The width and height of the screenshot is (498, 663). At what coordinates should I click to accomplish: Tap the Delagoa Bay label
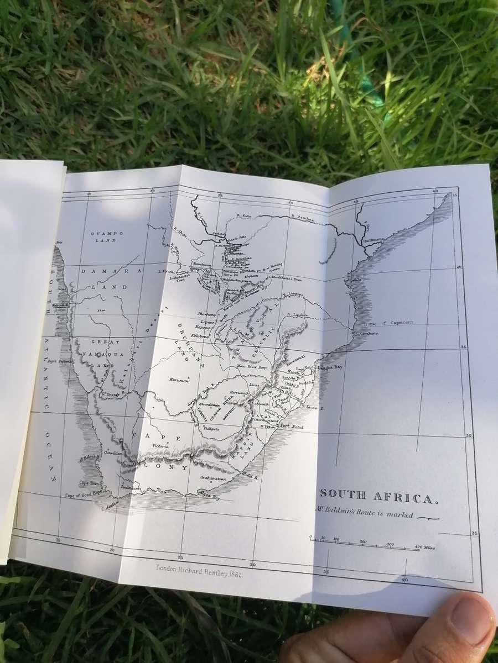tap(330, 366)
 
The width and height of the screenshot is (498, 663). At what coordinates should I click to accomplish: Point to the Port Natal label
tap(292, 426)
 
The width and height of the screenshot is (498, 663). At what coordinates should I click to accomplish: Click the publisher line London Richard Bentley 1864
tap(200, 574)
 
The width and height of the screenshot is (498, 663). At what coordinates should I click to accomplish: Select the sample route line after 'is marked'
tap(429, 518)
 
